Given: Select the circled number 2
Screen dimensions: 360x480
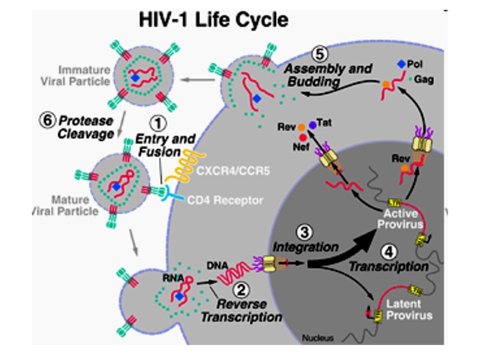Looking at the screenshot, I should (241, 290).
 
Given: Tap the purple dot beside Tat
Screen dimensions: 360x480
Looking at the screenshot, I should (313, 125).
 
